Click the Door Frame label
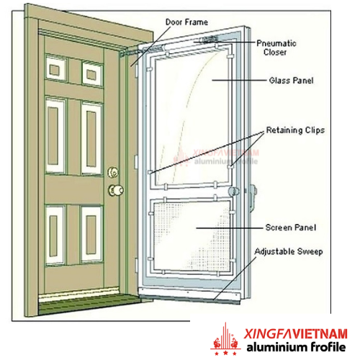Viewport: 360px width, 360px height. tap(186, 22)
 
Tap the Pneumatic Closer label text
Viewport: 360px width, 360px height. tap(276, 48)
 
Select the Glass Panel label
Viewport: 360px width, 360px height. tap(291, 81)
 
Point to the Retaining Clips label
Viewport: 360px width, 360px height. tap(295, 130)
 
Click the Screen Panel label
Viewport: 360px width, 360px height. tap(291, 228)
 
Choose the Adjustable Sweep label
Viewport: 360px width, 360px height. tap(289, 251)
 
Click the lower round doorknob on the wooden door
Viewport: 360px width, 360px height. tap(116, 191)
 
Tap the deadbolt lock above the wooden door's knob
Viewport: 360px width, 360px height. tap(113, 172)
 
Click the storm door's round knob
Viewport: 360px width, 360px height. tap(233, 192)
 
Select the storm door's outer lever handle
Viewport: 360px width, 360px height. tap(252, 197)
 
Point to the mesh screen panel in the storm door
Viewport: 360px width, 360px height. tap(192, 237)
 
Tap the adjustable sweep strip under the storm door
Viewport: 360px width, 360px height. tap(189, 296)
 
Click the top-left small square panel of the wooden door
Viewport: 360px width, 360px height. tap(55, 68)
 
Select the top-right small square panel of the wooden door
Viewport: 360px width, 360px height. tap(92, 73)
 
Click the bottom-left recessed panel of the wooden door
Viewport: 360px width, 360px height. tap(55, 235)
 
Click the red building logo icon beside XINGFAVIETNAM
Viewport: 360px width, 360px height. tap(225, 339)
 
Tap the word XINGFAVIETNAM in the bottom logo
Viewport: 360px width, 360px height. tap(296, 333)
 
